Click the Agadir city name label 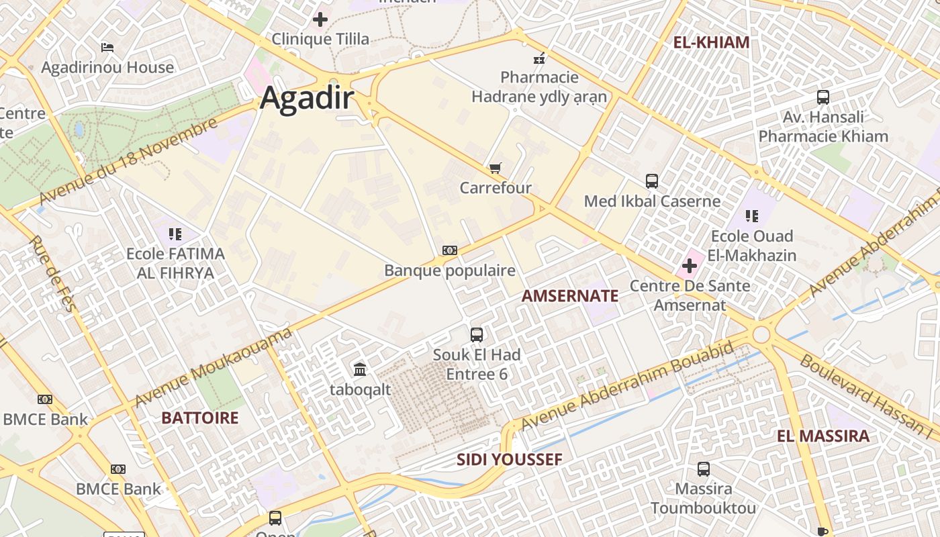pyautogui.click(x=306, y=98)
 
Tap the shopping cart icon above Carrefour pyautogui.click(x=496, y=168)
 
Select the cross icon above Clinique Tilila pyautogui.click(x=320, y=19)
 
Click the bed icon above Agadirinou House pyautogui.click(x=107, y=48)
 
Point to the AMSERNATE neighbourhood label pyautogui.click(x=569, y=296)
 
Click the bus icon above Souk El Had pyautogui.click(x=477, y=334)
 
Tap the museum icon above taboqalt pyautogui.click(x=360, y=369)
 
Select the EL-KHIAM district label pyautogui.click(x=711, y=42)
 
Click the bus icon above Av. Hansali pyautogui.click(x=823, y=97)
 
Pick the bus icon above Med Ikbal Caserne pyautogui.click(x=652, y=181)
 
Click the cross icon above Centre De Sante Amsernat pyautogui.click(x=690, y=266)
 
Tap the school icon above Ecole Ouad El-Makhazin pyautogui.click(x=752, y=216)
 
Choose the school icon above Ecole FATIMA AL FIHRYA pyautogui.click(x=175, y=234)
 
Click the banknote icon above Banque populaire pyautogui.click(x=450, y=250)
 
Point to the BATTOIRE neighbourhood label pyautogui.click(x=199, y=418)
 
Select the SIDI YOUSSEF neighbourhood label pyautogui.click(x=509, y=460)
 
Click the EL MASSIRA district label pyautogui.click(x=822, y=436)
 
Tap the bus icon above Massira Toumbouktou pyautogui.click(x=704, y=469)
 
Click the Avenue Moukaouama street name pyautogui.click(x=214, y=368)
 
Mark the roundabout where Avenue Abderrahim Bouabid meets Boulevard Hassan pyautogui.click(x=761, y=334)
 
